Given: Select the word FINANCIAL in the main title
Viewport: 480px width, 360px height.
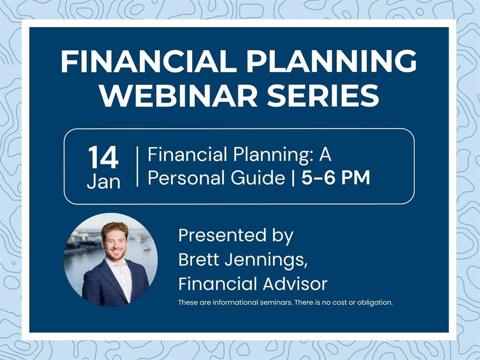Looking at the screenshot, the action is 148,61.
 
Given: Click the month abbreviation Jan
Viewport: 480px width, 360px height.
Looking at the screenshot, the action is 104,182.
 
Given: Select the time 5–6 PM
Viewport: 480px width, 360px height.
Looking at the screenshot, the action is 336,177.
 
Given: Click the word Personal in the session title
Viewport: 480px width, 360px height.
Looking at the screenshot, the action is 186,178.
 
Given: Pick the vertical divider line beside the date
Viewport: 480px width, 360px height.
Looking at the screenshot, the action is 137,166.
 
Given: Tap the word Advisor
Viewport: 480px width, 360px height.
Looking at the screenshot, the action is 295,284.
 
